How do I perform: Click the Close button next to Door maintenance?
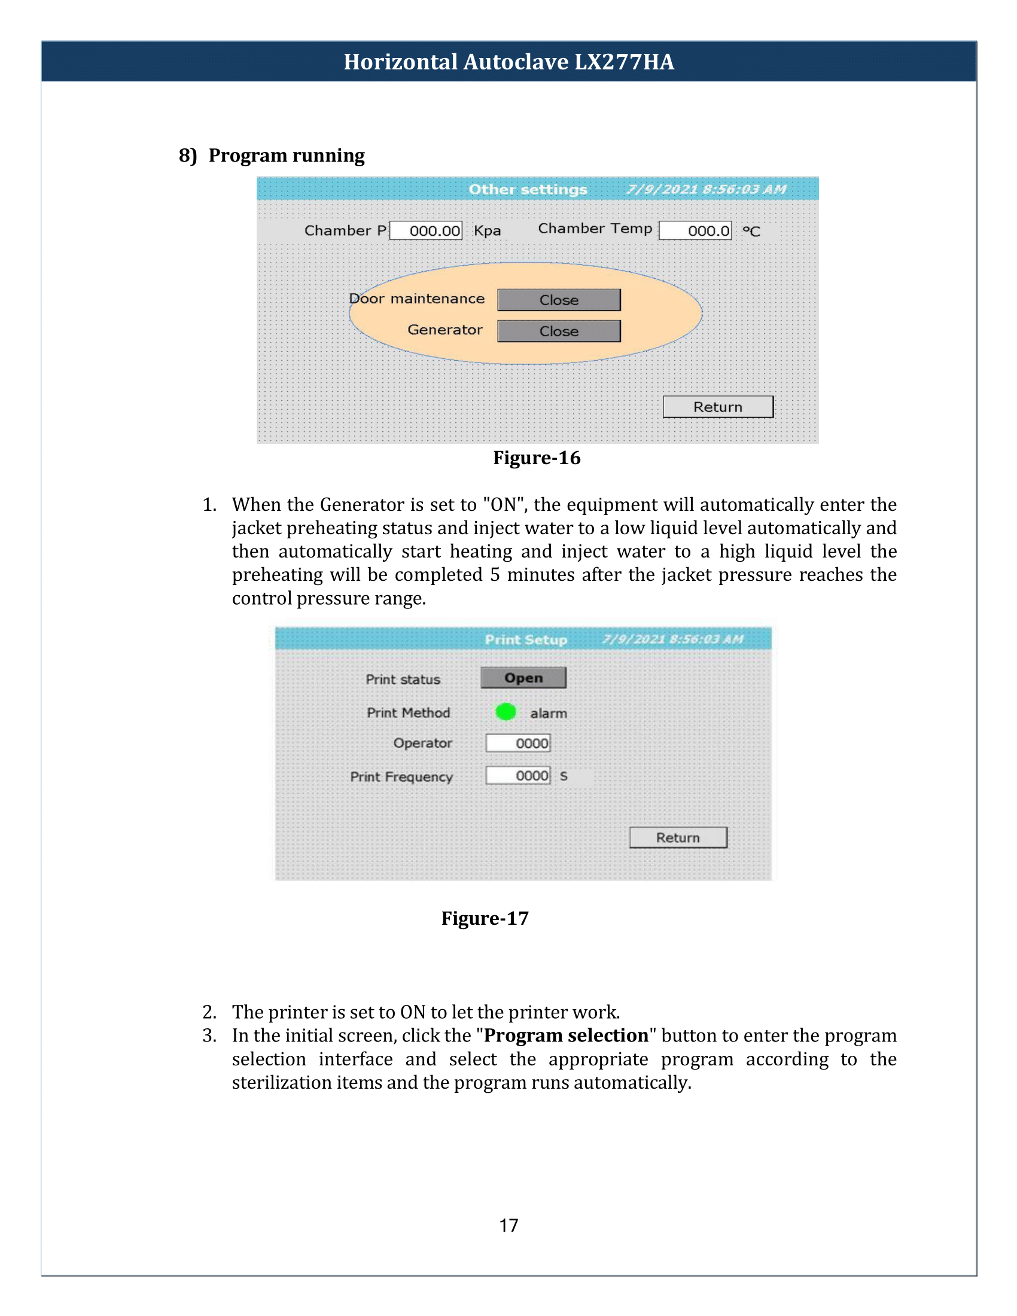[559, 300]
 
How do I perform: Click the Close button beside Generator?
[559, 331]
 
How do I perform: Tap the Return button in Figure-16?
[717, 407]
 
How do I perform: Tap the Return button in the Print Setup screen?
[678, 837]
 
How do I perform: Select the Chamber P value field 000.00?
[426, 231]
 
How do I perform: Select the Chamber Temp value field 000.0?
[695, 231]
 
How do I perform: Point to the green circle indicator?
[506, 712]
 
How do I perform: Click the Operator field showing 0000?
[518, 743]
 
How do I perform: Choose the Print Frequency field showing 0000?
[518, 775]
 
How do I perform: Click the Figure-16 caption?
[536, 458]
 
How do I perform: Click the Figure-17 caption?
[485, 918]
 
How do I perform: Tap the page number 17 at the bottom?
[508, 1226]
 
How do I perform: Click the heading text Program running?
[286, 156]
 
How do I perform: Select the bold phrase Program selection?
[566, 1035]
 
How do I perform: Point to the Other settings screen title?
[528, 189]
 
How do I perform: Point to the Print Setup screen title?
[526, 639]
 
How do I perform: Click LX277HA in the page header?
[624, 62]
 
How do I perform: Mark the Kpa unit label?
[487, 231]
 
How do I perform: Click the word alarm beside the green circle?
[548, 714]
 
